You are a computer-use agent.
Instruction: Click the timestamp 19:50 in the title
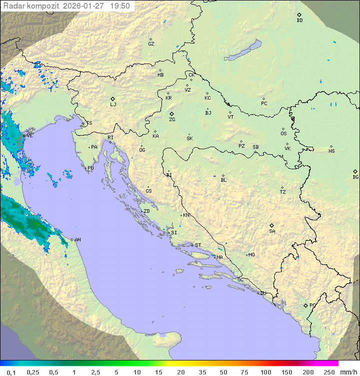[x=119, y=6]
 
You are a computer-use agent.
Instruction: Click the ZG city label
[x=172, y=120]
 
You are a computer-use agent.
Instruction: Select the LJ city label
[x=113, y=105]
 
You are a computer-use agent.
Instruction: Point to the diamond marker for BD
[x=299, y=15]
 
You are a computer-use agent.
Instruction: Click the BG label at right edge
[x=355, y=177]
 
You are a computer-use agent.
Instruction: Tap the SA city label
[x=272, y=231]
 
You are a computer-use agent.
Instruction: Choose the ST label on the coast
[x=198, y=245]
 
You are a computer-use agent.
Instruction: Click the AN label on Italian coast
[x=77, y=240]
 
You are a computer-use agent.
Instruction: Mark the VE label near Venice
[x=29, y=135]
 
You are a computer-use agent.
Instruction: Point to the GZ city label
[x=151, y=44]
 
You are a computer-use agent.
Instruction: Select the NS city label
[x=331, y=151]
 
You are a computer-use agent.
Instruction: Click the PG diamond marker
[x=305, y=305]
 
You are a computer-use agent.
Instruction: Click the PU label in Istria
[x=90, y=168]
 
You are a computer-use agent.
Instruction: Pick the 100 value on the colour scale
[x=265, y=372]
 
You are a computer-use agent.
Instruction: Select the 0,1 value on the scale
[x=11, y=372]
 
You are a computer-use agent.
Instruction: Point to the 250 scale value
[x=329, y=372]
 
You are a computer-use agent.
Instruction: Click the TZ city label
[x=283, y=192]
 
